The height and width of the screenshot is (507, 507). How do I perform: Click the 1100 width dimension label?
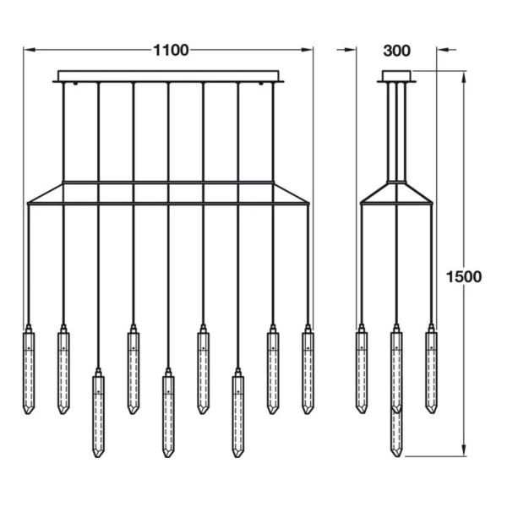[x=170, y=51]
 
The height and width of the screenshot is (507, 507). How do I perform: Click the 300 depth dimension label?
[x=395, y=51]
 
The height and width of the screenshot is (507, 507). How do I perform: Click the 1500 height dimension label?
[x=464, y=276]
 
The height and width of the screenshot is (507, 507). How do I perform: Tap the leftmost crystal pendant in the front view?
[x=28, y=372]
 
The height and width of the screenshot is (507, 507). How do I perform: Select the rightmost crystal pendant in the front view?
[x=308, y=372]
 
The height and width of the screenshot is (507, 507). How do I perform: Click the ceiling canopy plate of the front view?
[x=169, y=77]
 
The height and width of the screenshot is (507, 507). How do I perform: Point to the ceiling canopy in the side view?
[x=395, y=77]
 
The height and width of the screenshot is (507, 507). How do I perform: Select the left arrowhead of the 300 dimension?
[x=355, y=51]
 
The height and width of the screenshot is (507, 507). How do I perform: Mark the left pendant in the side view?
[x=362, y=372]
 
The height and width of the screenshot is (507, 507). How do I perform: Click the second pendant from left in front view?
[x=63, y=372]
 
